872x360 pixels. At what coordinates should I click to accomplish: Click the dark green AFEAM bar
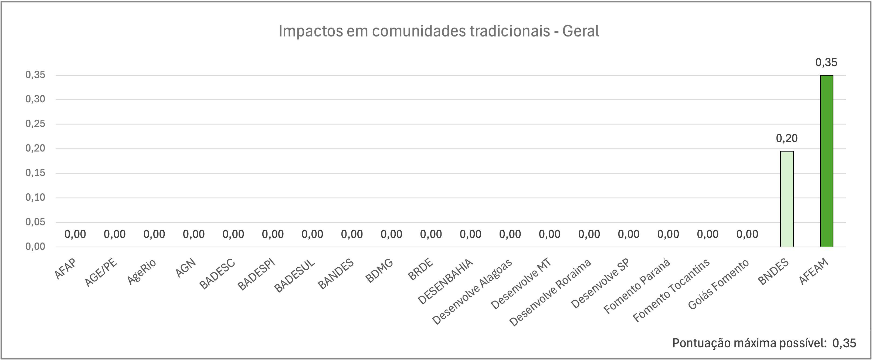pos(826,161)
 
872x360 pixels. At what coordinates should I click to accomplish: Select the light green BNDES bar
pos(787,199)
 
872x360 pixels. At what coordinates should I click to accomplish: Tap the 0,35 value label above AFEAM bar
pos(826,62)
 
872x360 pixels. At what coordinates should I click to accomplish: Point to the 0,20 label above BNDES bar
pos(787,138)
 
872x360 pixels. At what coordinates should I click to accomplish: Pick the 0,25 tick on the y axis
pos(35,124)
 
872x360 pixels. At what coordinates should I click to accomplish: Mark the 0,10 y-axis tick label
pos(35,197)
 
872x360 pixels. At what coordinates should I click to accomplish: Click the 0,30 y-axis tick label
pos(35,99)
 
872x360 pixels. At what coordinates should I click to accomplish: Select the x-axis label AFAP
pos(66,269)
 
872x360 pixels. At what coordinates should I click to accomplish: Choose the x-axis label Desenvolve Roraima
pos(550,292)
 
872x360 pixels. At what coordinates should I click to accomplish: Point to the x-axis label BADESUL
pos(294,276)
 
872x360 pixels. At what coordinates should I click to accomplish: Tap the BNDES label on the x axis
pos(773,272)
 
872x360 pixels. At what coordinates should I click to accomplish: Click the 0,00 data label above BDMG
pos(391,234)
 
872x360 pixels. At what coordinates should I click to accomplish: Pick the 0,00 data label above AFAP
pos(75,234)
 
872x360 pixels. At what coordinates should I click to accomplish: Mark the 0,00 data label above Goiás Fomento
pos(747,234)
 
